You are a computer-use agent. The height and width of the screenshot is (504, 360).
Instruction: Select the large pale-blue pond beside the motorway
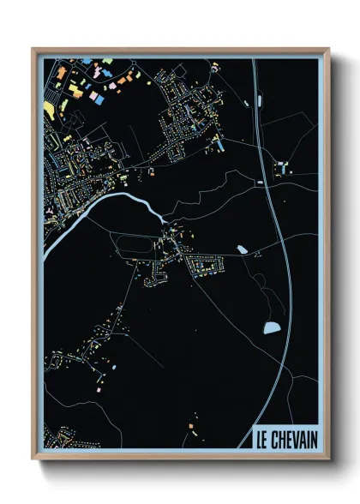click(272, 327)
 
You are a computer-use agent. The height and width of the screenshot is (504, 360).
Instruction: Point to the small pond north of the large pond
click(242, 249)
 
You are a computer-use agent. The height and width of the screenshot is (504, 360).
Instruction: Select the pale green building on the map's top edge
click(108, 62)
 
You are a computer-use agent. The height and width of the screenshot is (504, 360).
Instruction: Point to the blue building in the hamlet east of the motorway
click(280, 168)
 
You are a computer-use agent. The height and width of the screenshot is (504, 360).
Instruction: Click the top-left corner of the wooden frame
click(33, 50)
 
